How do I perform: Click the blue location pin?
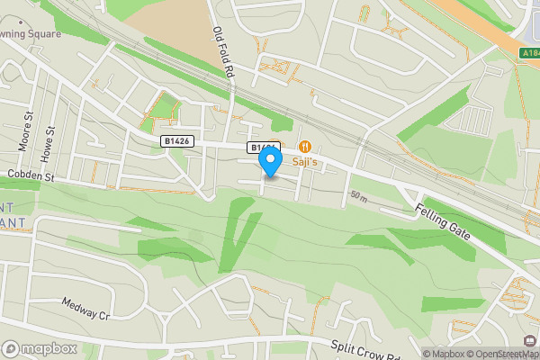tap(270, 161)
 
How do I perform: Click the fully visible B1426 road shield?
tap(177, 141)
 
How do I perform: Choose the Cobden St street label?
tap(31, 175)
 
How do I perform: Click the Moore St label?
tap(24, 131)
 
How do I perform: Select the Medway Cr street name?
tap(85, 309)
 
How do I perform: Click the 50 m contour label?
tap(359, 195)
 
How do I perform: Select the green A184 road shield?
tap(529, 53)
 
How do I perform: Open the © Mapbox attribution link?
tap(446, 354)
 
